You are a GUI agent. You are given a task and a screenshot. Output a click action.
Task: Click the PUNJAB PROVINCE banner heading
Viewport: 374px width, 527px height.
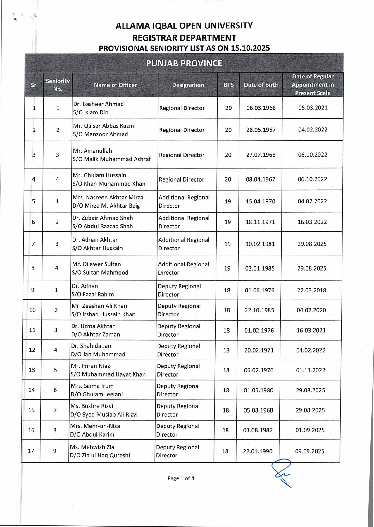(x=184, y=63)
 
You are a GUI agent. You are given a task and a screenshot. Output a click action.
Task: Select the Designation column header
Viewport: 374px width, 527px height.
(x=188, y=85)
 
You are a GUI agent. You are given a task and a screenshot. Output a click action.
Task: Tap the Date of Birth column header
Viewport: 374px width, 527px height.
(x=261, y=85)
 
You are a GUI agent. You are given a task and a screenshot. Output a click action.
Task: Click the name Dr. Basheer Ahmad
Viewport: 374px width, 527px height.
(x=99, y=104)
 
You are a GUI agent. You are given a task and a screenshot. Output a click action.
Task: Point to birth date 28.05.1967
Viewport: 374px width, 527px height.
(x=261, y=130)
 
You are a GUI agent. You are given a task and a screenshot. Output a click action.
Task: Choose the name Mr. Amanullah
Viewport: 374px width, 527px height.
(x=92, y=151)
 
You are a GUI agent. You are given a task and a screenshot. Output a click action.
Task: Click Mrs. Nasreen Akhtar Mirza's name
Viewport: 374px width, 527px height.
(x=108, y=197)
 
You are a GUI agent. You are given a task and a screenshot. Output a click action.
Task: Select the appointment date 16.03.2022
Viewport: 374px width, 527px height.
(x=312, y=222)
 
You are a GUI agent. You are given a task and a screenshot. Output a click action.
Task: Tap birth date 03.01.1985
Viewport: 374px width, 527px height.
(x=260, y=268)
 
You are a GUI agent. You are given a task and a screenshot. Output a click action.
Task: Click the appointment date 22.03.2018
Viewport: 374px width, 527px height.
(x=311, y=290)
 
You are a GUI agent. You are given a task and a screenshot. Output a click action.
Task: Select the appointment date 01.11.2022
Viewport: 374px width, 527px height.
(x=311, y=370)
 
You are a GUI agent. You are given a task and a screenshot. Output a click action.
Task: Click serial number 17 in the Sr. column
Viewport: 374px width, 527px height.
(x=31, y=451)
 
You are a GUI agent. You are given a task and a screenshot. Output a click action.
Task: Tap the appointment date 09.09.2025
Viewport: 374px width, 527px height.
(x=310, y=451)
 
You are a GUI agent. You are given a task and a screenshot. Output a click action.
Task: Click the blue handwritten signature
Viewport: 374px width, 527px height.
(x=281, y=472)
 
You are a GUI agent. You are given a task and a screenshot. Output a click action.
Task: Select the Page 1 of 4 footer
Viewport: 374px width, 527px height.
(x=181, y=478)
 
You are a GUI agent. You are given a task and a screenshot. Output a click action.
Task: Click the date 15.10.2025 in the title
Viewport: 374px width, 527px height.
(x=250, y=48)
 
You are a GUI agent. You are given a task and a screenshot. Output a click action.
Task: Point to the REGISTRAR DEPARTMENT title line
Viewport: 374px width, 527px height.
(x=184, y=38)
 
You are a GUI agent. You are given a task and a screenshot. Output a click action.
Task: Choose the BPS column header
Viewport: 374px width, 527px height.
(x=228, y=85)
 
